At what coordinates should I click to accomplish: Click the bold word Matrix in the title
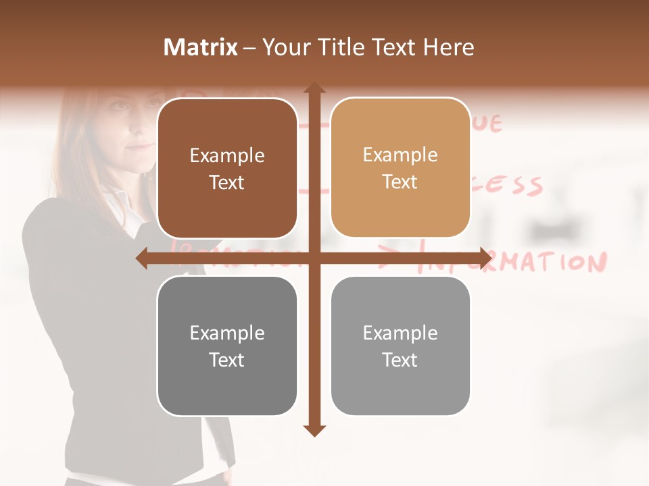click(x=201, y=47)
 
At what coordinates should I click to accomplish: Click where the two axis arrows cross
click(x=314, y=258)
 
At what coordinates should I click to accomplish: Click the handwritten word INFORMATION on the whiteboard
click(x=514, y=262)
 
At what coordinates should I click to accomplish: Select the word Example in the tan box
click(x=400, y=155)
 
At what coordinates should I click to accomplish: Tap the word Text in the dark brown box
click(x=227, y=183)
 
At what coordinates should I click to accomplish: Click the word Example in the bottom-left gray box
click(x=227, y=333)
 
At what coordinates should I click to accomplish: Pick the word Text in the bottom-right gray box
click(x=400, y=360)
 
